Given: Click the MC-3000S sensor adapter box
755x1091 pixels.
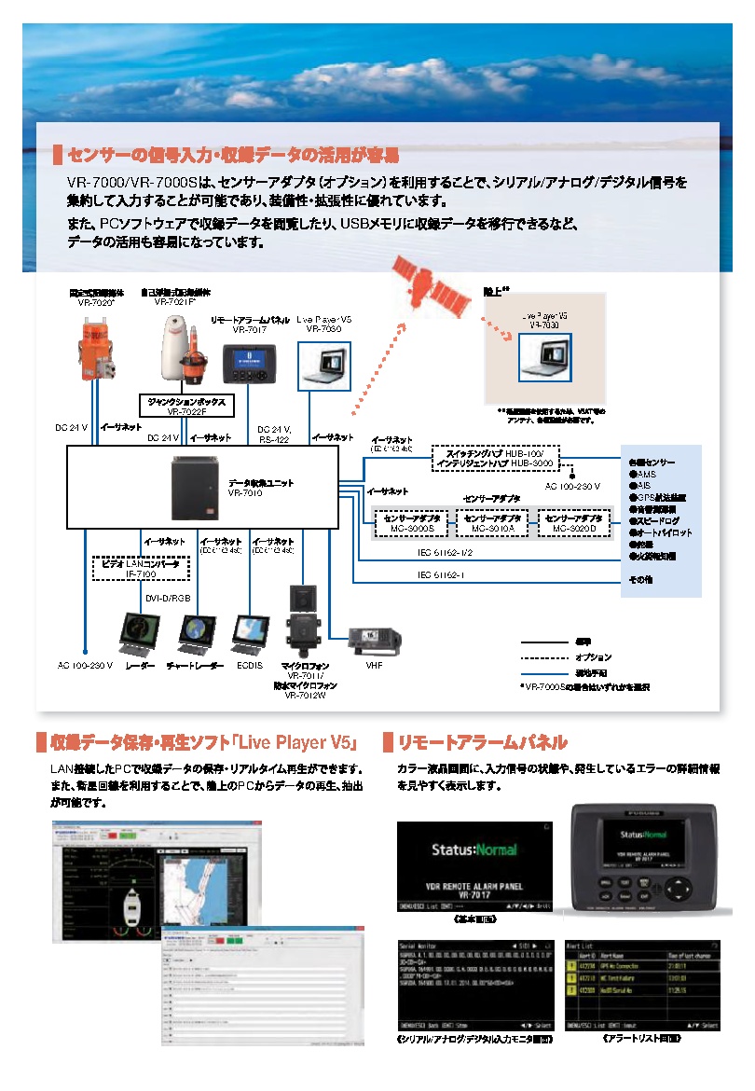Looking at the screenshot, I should [411, 523].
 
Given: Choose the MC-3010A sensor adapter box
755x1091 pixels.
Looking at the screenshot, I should [491, 523].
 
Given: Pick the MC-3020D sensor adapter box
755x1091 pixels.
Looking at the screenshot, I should [572, 523].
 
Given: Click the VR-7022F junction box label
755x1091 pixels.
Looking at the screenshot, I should [185, 406].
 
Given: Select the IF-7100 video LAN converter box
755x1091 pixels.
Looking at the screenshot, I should [141, 569].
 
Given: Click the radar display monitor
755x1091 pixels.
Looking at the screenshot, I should [136, 635].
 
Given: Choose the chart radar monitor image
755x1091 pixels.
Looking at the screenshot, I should [197, 635].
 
